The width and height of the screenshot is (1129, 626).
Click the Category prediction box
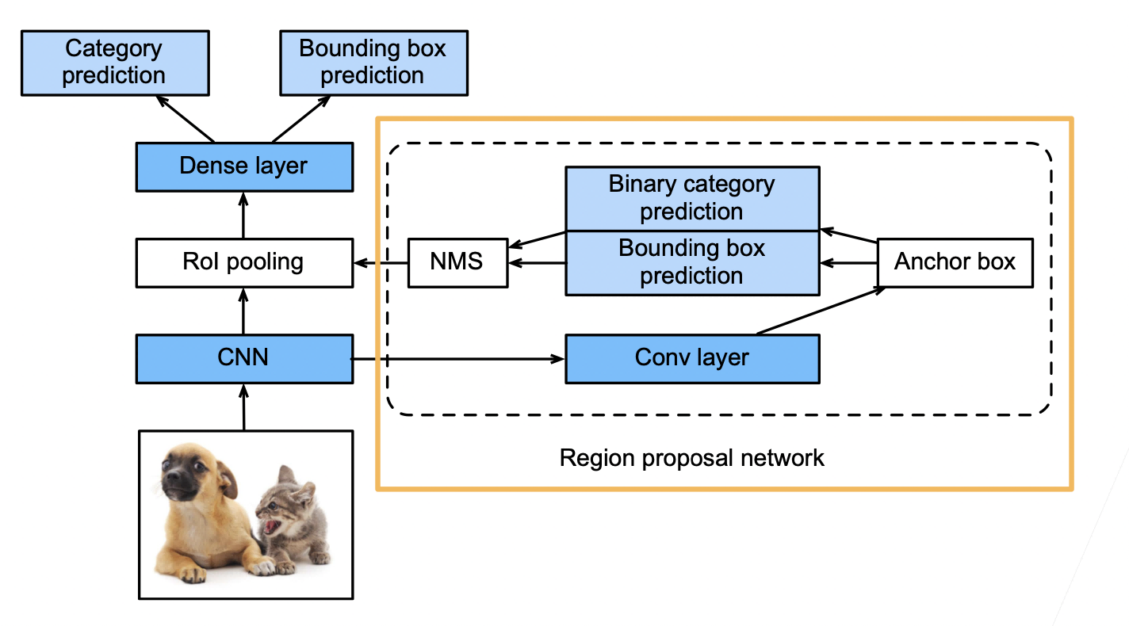pyautogui.click(x=115, y=63)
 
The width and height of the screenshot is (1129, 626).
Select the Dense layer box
pyautogui.click(x=244, y=166)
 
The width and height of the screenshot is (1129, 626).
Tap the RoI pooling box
pyautogui.click(x=244, y=263)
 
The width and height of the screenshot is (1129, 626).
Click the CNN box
pyautogui.click(x=244, y=359)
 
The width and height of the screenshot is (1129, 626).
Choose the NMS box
pyautogui.click(x=457, y=263)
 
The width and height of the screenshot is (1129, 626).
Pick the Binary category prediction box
pyautogui.click(x=692, y=198)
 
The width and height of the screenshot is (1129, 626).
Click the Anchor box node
pyautogui.click(x=955, y=263)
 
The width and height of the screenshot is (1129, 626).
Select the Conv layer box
pyautogui.click(x=692, y=359)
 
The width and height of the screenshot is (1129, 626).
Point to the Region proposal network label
pyautogui.click(x=691, y=458)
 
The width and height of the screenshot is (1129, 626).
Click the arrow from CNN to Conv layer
pyautogui.click(x=457, y=359)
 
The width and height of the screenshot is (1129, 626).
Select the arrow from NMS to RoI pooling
pyautogui.click(x=381, y=263)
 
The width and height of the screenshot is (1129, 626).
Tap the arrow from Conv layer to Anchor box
pyautogui.click(x=821, y=311)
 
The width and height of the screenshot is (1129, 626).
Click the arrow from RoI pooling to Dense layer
pyautogui.click(x=244, y=215)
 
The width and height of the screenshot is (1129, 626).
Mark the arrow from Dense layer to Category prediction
pyautogui.click(x=185, y=119)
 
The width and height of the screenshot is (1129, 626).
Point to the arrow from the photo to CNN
pyautogui.click(x=244, y=407)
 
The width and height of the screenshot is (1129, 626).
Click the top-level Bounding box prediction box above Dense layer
pyautogui.click(x=373, y=63)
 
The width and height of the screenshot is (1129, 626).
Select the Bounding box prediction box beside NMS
pyautogui.click(x=692, y=263)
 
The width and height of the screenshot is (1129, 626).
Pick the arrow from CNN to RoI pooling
pyautogui.click(x=244, y=311)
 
